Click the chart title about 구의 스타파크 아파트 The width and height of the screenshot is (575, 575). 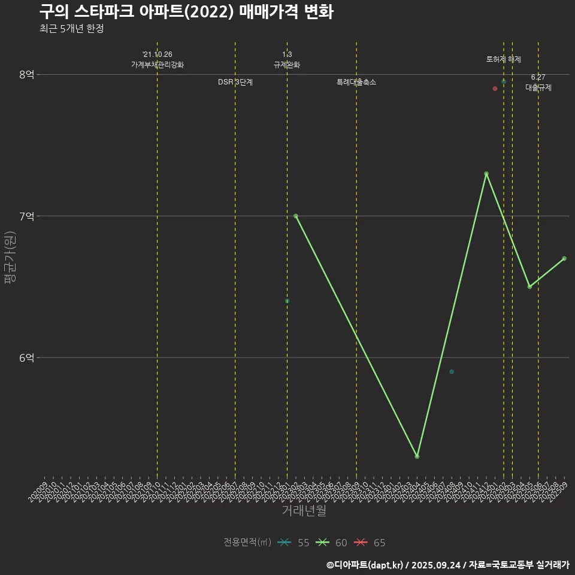186,12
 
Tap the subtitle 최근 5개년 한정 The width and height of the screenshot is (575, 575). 71,29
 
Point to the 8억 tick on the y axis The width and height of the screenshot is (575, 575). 27,74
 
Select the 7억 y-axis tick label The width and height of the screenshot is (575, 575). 27,216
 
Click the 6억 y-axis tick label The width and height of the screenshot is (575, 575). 27,358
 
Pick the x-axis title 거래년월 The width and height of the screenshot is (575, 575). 304,511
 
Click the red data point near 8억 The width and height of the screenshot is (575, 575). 495,89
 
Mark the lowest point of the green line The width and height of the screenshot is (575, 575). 417,456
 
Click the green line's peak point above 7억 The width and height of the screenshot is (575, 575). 486,174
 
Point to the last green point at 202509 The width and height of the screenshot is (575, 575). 564,259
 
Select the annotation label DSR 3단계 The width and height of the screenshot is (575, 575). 235,82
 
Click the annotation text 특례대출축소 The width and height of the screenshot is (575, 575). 356,82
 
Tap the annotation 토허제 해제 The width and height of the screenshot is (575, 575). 504,59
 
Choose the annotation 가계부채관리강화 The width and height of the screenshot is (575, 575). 158,65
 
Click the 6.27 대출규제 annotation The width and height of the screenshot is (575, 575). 538,83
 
